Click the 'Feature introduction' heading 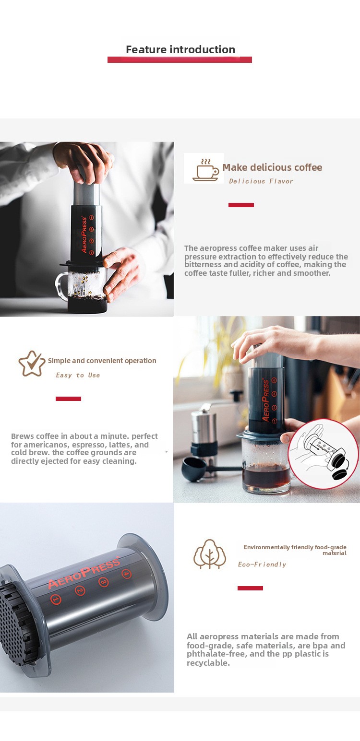pos(180,49)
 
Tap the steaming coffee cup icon pos(205,170)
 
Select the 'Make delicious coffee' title pos(272,167)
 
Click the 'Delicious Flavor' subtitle pos(261,181)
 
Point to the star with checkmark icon pos(32,364)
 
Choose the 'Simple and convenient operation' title pos(102,361)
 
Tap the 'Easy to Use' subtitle pos(78,375)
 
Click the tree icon pos(210,554)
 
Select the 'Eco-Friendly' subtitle pos(262,565)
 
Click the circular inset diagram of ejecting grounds pos(323,454)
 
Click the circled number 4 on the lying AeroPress pos(126,574)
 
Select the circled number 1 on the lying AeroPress pos(56,599)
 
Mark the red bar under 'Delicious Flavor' pos(241,205)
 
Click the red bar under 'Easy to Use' pos(68,399)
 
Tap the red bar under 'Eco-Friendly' pos(250,588)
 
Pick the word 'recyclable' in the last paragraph pos(208,663)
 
